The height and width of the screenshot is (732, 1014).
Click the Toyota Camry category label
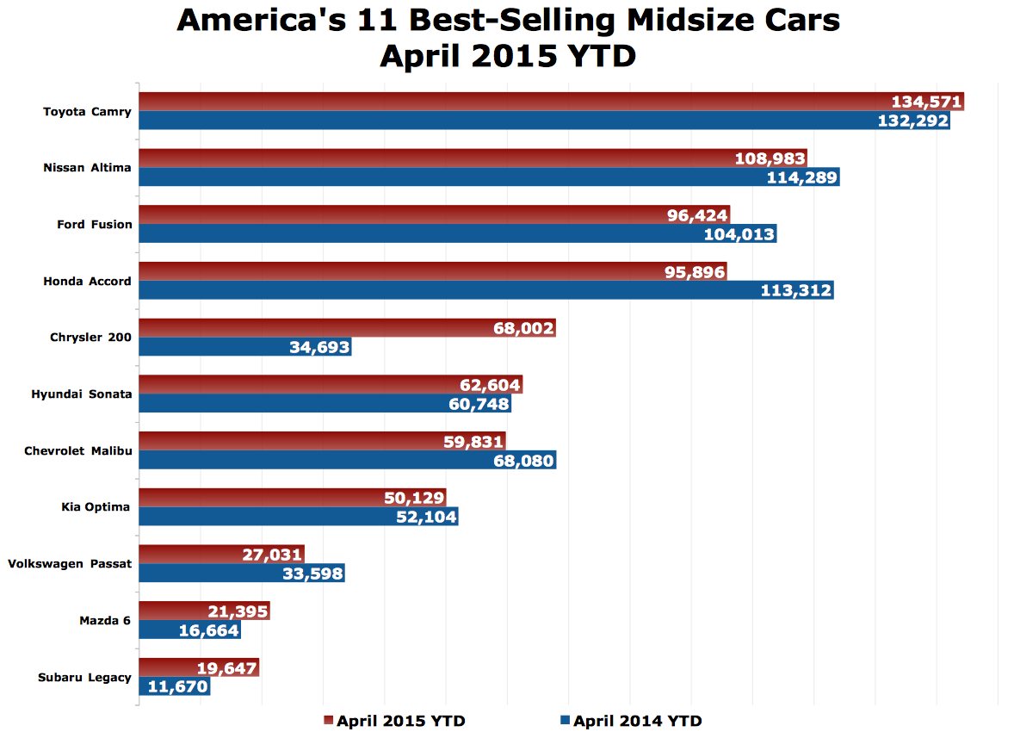pos(87,111)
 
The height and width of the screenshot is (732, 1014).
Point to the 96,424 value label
pos(697,215)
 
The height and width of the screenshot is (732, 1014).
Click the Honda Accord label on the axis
pos(87,281)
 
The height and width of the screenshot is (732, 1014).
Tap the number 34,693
pos(315,348)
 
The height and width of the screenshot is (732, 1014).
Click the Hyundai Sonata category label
pos(81,394)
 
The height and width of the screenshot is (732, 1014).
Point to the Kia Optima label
pos(96,506)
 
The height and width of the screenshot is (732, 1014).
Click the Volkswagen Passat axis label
pos(70,563)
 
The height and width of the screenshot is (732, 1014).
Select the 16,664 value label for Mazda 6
pos(207,631)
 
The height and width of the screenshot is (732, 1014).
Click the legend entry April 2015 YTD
pos(400,721)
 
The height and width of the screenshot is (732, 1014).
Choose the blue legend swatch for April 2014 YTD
pos(566,720)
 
